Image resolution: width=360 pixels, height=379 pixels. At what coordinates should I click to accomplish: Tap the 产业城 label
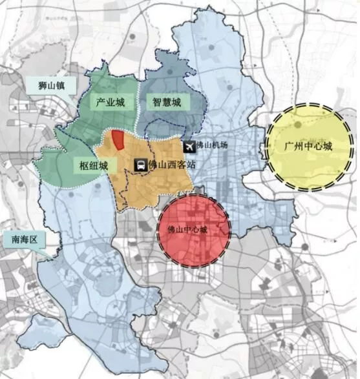111,102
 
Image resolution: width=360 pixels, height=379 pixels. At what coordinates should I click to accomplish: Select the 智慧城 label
167,102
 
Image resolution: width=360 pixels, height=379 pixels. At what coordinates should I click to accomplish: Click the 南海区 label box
25,240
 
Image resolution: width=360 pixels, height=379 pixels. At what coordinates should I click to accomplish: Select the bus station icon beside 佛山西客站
140,165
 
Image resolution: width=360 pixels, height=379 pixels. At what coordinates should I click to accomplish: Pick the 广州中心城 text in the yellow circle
308,147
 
